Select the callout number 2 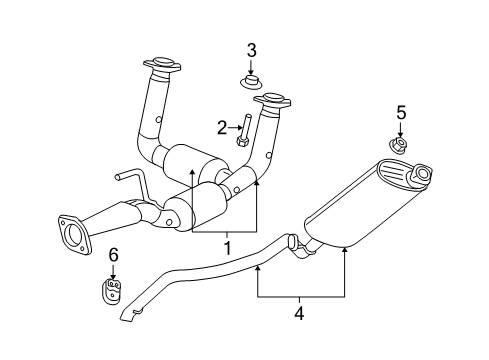(x=222, y=126)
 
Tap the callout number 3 (x=252, y=49)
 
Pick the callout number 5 (x=400, y=112)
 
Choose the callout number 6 (x=113, y=256)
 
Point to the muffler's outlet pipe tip (x=421, y=176)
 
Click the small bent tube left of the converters (x=129, y=183)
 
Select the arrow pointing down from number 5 (x=400, y=130)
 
